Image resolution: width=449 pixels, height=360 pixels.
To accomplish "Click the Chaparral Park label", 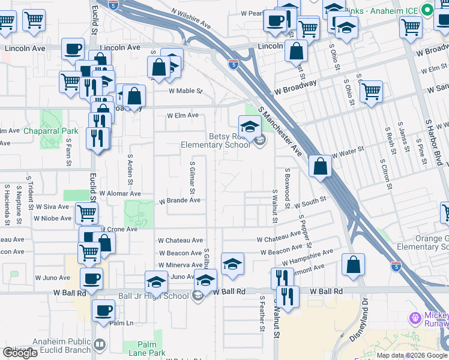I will click(x=51, y=131).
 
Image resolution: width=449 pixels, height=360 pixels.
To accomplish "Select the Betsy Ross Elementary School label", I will click(x=215, y=140).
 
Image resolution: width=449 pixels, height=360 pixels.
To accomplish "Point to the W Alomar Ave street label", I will click(x=120, y=194).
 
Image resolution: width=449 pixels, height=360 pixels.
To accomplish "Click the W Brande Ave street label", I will click(x=179, y=200).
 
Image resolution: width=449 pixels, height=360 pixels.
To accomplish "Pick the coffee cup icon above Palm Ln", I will click(x=103, y=311).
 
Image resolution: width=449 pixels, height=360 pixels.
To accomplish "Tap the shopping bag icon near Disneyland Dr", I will click(x=353, y=263).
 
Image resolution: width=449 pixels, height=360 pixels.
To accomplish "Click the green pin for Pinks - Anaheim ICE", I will click(x=427, y=10).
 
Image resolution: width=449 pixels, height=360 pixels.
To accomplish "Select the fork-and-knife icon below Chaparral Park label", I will click(x=97, y=139).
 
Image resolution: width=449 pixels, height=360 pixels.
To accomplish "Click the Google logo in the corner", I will click(x=20, y=353).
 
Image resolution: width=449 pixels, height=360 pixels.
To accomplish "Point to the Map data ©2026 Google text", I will click(x=411, y=355).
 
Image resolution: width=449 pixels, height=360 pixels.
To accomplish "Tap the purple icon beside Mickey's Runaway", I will click(x=413, y=317).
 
